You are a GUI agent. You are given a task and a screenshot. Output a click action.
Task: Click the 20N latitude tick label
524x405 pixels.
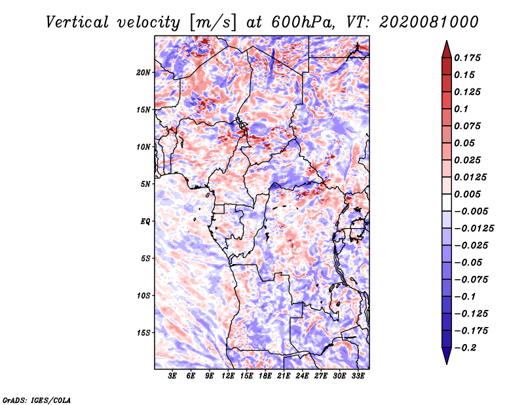click(x=143, y=73)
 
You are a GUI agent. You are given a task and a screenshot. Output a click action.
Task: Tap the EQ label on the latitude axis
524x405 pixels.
click(x=145, y=222)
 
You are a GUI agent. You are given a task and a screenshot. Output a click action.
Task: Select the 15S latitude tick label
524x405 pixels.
click(x=143, y=333)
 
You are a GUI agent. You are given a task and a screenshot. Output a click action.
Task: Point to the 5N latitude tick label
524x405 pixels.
click(x=145, y=184)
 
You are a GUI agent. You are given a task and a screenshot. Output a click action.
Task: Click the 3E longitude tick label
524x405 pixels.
click(x=172, y=376)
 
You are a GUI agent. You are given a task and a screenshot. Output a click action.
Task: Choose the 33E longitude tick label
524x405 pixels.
click(x=358, y=376)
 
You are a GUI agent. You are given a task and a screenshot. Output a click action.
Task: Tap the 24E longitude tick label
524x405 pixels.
click(x=302, y=376)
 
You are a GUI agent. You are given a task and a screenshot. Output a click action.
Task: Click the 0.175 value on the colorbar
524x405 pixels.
click(x=467, y=58)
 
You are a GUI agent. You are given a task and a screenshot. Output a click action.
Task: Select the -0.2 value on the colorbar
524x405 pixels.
click(x=465, y=348)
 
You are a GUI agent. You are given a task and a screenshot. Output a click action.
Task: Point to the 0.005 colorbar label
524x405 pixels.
click(x=467, y=194)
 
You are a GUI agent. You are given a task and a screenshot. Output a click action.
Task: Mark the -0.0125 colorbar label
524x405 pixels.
click(x=474, y=229)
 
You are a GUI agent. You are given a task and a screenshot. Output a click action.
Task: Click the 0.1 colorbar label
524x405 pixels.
click(x=461, y=109)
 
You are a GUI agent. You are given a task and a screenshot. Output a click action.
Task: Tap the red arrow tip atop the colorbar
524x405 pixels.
click(x=447, y=41)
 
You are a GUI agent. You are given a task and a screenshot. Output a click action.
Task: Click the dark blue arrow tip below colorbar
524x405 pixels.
click(x=447, y=363)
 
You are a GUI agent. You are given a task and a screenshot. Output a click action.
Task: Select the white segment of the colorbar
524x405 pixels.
click(x=447, y=202)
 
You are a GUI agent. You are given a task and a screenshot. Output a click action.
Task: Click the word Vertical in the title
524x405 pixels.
click(x=77, y=22)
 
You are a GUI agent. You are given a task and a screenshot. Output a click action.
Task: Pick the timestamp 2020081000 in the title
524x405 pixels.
click(x=429, y=22)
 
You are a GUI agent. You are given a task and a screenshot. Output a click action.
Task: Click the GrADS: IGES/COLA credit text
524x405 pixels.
click(x=37, y=400)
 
